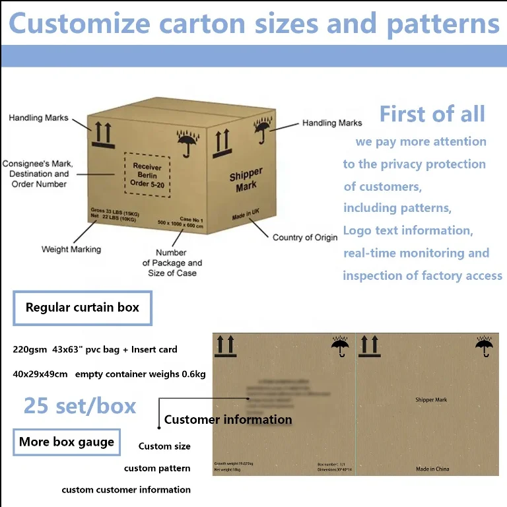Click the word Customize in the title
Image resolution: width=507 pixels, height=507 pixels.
[x=79, y=24]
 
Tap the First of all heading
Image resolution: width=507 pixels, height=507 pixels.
[x=432, y=114]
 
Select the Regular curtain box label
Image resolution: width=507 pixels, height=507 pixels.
[x=83, y=307]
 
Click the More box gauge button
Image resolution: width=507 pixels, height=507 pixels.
[x=67, y=442]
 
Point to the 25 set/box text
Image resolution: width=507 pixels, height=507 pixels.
[x=80, y=405]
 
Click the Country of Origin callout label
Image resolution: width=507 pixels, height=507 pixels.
[x=305, y=237]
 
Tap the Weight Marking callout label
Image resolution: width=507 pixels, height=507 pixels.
[x=71, y=250]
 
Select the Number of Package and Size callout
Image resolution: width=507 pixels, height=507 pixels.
[x=172, y=262]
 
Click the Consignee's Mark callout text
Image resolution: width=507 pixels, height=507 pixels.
[x=38, y=174]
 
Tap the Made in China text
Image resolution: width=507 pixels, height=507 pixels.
[x=432, y=469]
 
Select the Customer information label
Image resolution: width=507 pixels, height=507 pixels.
[x=228, y=419]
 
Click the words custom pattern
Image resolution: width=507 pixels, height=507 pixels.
[x=157, y=468]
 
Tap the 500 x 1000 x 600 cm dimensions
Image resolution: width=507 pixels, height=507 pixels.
[x=180, y=226]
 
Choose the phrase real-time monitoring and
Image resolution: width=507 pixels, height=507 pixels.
[x=416, y=253]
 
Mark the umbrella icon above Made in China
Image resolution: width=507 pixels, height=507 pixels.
[x=484, y=345]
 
